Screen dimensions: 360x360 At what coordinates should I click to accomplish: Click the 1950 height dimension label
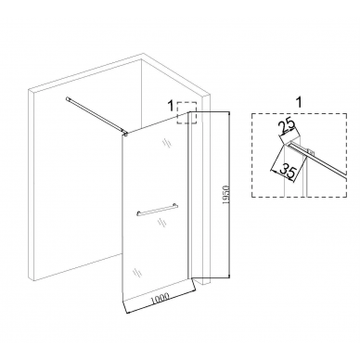coord(225,196)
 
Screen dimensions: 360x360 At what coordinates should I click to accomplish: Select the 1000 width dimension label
coord(160,298)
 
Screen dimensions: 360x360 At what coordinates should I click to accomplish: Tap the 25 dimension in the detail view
coord(287,127)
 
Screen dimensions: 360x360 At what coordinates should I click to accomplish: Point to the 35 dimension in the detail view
coord(287,172)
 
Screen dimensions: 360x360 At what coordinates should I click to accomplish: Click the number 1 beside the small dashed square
coord(171,106)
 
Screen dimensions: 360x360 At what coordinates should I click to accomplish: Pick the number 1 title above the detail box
coord(299,102)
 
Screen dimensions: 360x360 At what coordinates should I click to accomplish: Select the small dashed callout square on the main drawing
coord(186,112)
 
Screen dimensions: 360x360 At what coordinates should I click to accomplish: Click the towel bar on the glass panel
coord(158,211)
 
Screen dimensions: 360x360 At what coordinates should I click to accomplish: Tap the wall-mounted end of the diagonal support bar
coord(68,99)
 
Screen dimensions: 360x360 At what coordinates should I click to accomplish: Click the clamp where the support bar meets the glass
coord(125,133)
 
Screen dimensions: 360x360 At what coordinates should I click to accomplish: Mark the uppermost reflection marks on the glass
coord(165,143)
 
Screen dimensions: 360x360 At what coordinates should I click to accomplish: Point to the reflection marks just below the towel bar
coord(161,223)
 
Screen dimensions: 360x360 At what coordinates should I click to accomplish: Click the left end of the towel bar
coord(138,214)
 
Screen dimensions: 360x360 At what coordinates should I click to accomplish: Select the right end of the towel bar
coord(176,206)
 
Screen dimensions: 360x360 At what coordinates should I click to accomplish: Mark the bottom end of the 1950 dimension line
coord(229,277)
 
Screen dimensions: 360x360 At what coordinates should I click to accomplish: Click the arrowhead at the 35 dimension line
coord(272,170)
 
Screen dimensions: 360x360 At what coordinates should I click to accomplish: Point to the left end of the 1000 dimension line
coord(128,314)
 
